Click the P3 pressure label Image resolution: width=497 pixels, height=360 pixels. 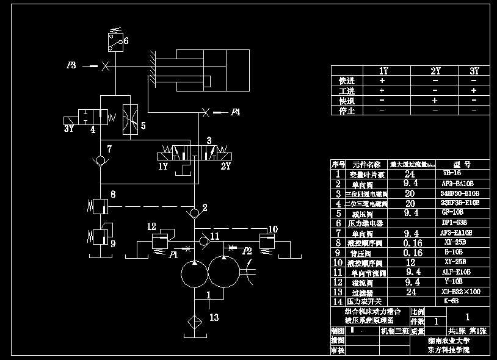pos(71,65)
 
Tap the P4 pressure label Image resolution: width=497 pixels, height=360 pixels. pos(236,112)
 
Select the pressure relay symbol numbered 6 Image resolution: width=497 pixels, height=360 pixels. pos(114,41)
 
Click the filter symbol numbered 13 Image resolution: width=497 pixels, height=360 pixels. pos(194,320)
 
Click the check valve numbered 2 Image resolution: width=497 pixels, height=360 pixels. pos(194,213)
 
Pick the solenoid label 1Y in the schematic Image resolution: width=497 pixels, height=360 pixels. pos(163,166)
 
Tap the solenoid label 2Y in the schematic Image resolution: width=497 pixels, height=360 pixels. pos(226,166)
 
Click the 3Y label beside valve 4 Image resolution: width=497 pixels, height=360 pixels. pos(69,129)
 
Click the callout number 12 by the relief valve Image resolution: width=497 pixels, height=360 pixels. pos(151,226)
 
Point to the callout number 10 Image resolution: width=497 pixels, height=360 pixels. pos(273,229)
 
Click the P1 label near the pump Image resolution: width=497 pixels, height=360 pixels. pos(174,253)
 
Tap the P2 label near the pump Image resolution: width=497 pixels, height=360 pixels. pos(247,251)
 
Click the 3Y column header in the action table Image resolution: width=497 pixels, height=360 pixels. pos(474,71)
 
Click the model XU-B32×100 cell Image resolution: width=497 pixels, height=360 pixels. pos(460,292)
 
